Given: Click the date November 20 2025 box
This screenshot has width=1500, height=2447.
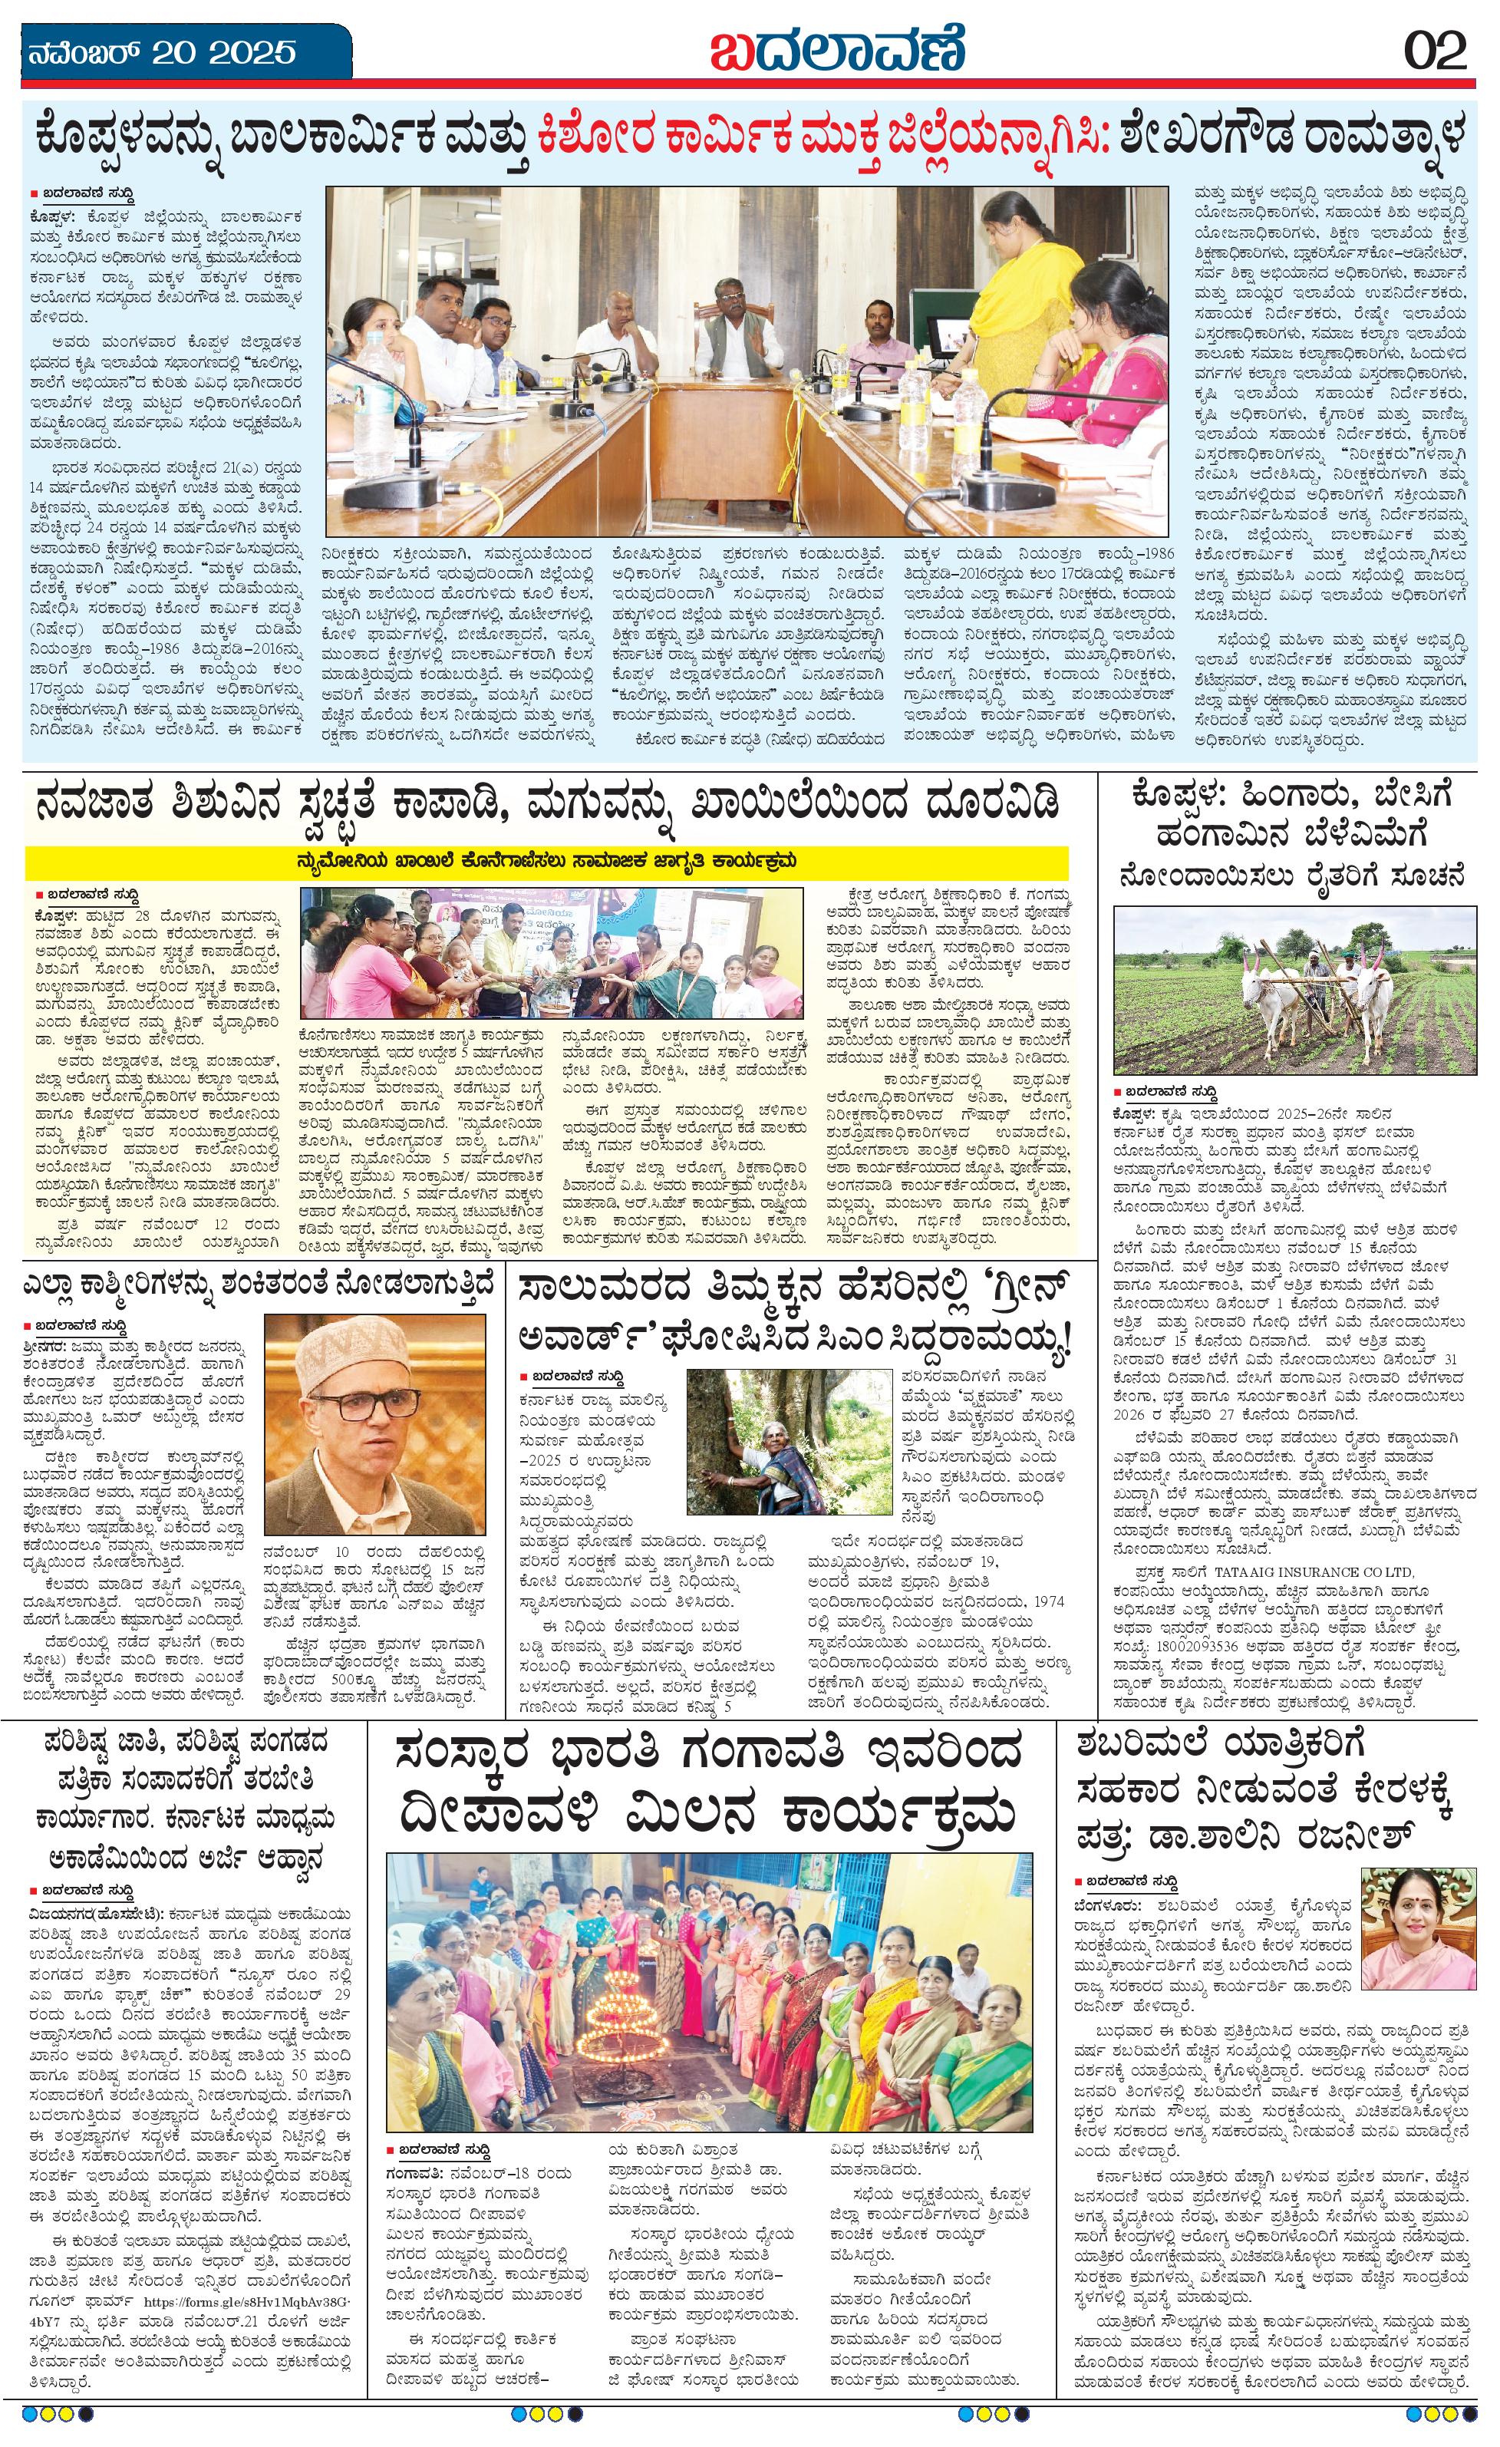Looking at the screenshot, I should (x=176, y=51).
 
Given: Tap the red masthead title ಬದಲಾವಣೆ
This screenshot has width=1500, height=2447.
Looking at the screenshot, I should (x=837, y=50).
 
